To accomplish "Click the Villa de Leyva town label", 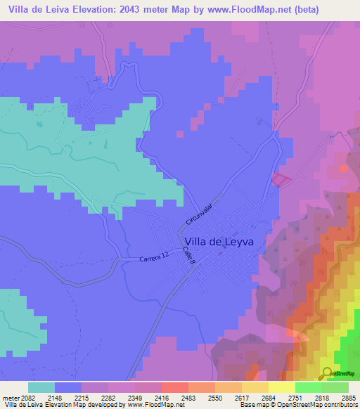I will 219,240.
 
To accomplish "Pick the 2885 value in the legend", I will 349,397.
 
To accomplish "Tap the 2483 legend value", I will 188,397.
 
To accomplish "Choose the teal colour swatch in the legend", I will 41,387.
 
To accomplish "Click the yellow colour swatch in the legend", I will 282,387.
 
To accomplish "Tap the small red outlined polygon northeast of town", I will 281,179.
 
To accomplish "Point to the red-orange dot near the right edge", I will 343,169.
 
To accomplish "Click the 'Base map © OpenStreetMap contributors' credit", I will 297,405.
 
